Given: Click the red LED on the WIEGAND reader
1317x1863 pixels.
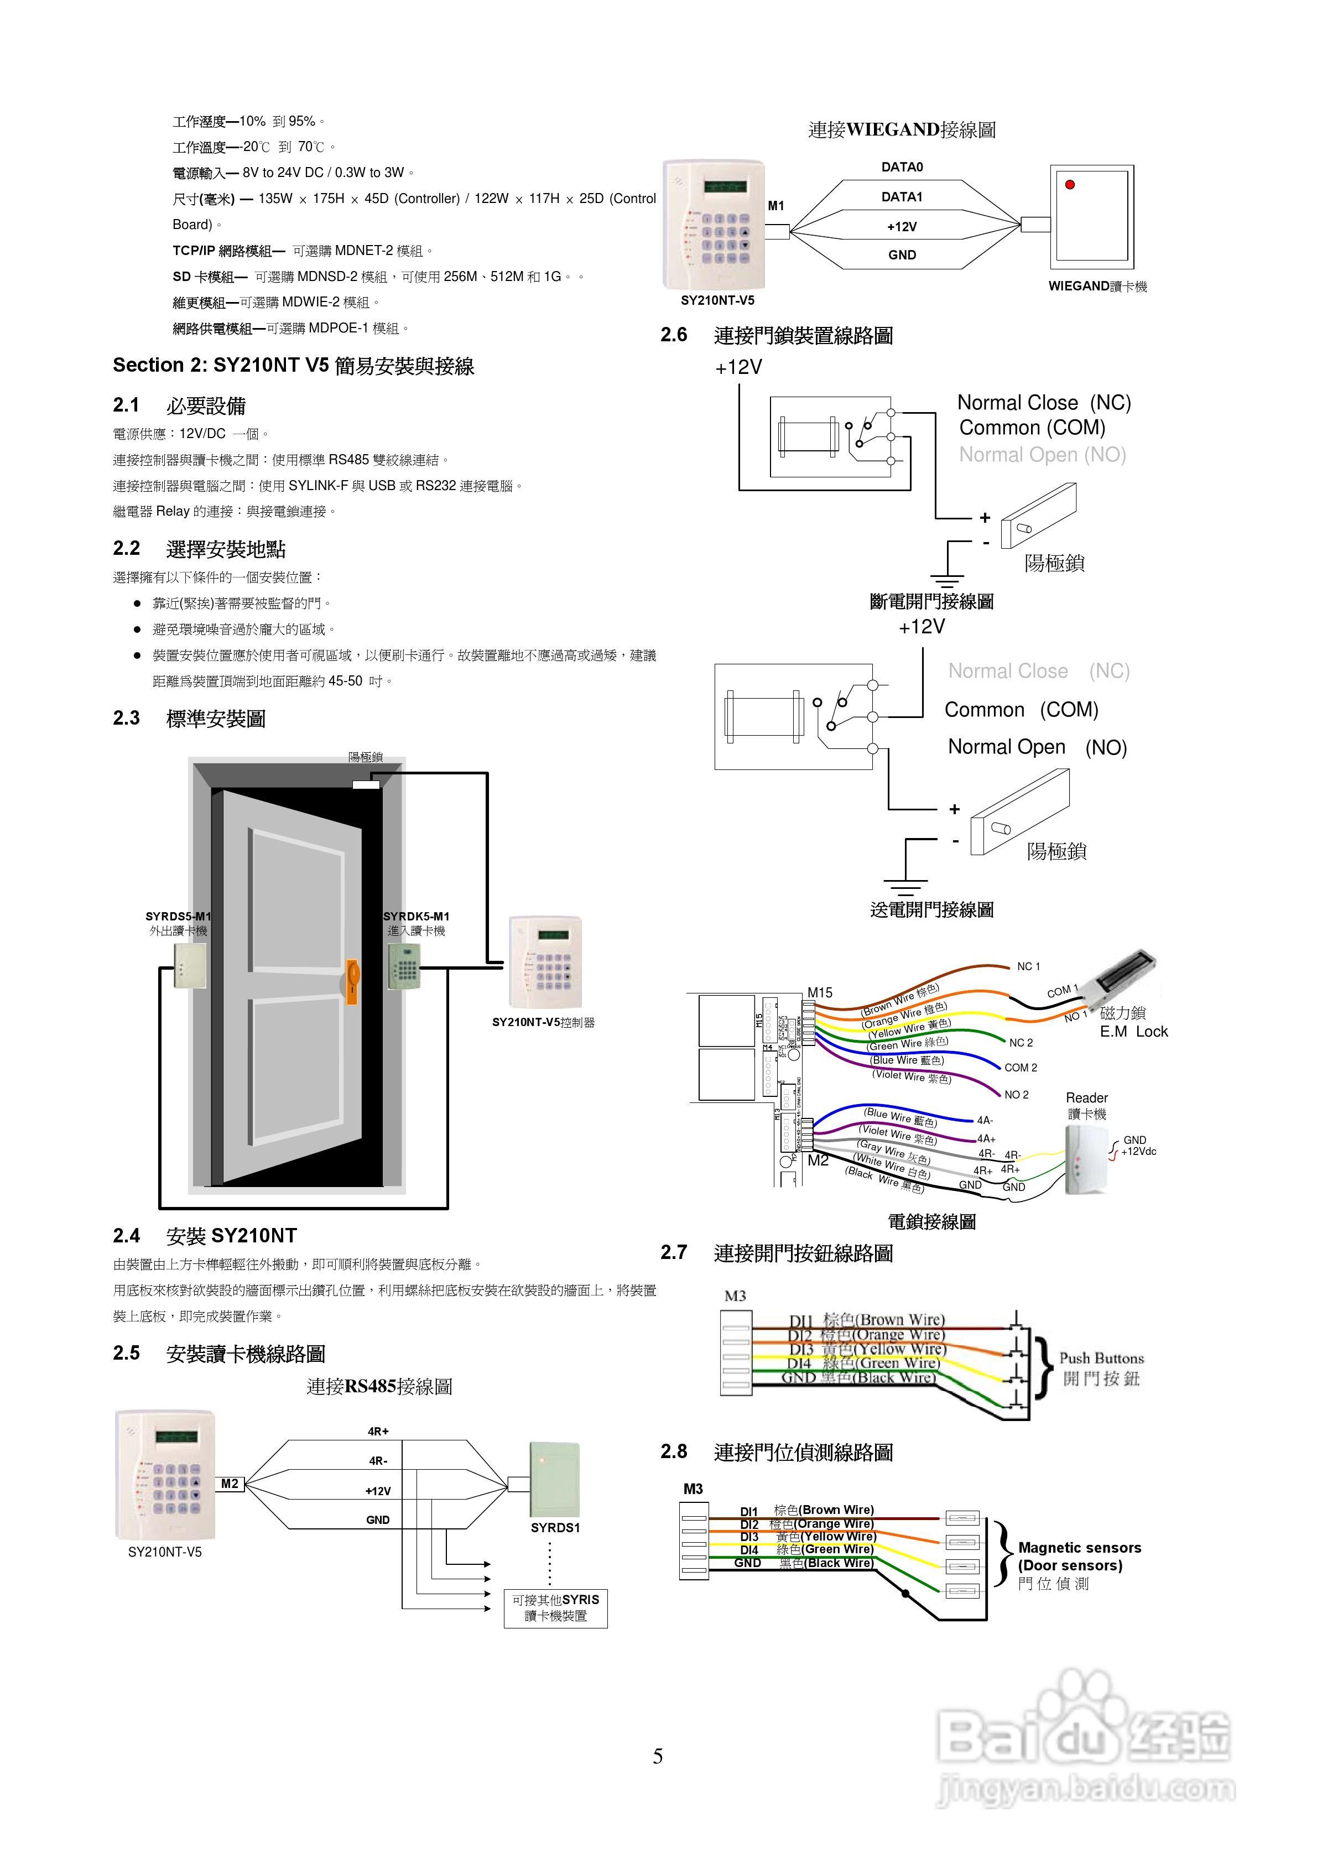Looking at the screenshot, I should click(1070, 185).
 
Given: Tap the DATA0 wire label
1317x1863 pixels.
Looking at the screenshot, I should click(902, 167).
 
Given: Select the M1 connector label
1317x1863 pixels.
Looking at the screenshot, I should click(775, 206).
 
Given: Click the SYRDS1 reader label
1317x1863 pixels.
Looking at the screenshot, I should click(555, 1528).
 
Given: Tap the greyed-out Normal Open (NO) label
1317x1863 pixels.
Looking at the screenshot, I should click(1042, 455).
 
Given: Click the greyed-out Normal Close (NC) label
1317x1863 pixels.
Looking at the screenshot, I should click(1039, 671).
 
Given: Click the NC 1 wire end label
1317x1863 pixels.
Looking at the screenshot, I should click(1028, 966).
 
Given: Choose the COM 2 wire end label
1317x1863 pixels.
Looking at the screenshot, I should click(1020, 1068).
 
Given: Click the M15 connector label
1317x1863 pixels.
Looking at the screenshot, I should click(820, 992).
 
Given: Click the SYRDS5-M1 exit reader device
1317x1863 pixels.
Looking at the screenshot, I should click(190, 965).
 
